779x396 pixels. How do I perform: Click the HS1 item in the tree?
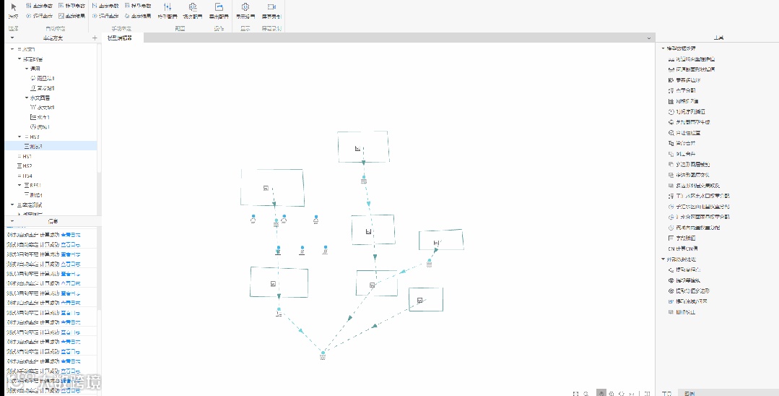tap(27, 156)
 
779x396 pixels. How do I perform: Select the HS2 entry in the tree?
tap(27, 166)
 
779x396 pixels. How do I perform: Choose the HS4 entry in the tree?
tap(27, 176)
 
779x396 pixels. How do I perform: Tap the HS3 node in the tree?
tap(33, 137)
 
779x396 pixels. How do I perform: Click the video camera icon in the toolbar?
tap(271, 7)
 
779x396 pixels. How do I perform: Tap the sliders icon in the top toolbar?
tap(167, 7)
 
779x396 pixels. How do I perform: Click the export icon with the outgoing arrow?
tap(219, 7)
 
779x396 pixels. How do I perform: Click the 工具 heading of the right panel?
tap(717, 38)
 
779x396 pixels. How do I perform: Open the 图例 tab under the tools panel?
tap(689, 393)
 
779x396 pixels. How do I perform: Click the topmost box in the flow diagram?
tap(362, 147)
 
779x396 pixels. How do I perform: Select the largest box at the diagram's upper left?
tap(272, 188)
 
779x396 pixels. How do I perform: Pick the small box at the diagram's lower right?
tap(425, 299)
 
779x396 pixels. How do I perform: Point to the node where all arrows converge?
tap(323, 353)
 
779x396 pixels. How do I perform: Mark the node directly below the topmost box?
tap(364, 178)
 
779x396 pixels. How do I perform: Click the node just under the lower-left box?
tap(279, 311)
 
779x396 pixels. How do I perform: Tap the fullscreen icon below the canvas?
tap(575, 393)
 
